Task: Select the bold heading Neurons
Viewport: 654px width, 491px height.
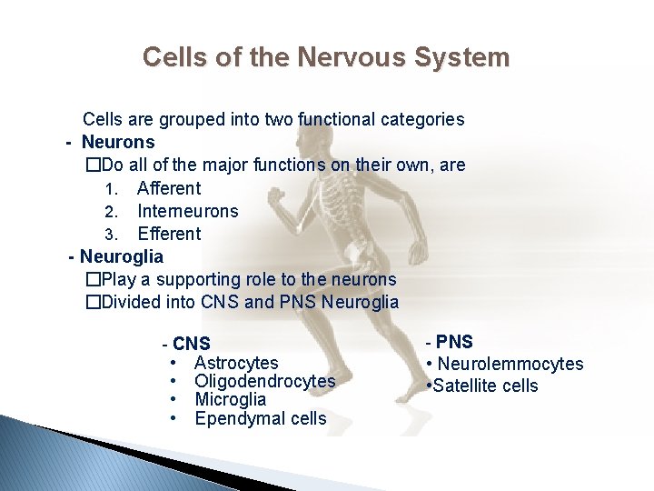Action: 118,142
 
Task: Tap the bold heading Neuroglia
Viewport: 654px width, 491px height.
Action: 122,256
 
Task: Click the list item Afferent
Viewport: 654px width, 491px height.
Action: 169,188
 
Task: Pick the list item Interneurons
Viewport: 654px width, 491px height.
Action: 187,211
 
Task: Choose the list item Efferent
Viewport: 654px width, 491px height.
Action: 169,234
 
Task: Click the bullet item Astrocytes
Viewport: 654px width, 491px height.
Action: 236,363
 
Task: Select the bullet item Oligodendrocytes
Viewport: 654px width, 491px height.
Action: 264,381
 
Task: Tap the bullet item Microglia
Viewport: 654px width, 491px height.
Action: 230,399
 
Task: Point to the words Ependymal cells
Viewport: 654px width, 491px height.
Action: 260,418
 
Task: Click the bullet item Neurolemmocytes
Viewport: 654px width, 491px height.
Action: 510,364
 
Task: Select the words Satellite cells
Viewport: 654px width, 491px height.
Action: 485,386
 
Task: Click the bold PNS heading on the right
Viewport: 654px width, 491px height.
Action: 454,342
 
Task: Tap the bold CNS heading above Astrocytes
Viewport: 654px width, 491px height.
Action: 191,344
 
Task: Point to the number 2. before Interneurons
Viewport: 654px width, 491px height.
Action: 111,212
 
